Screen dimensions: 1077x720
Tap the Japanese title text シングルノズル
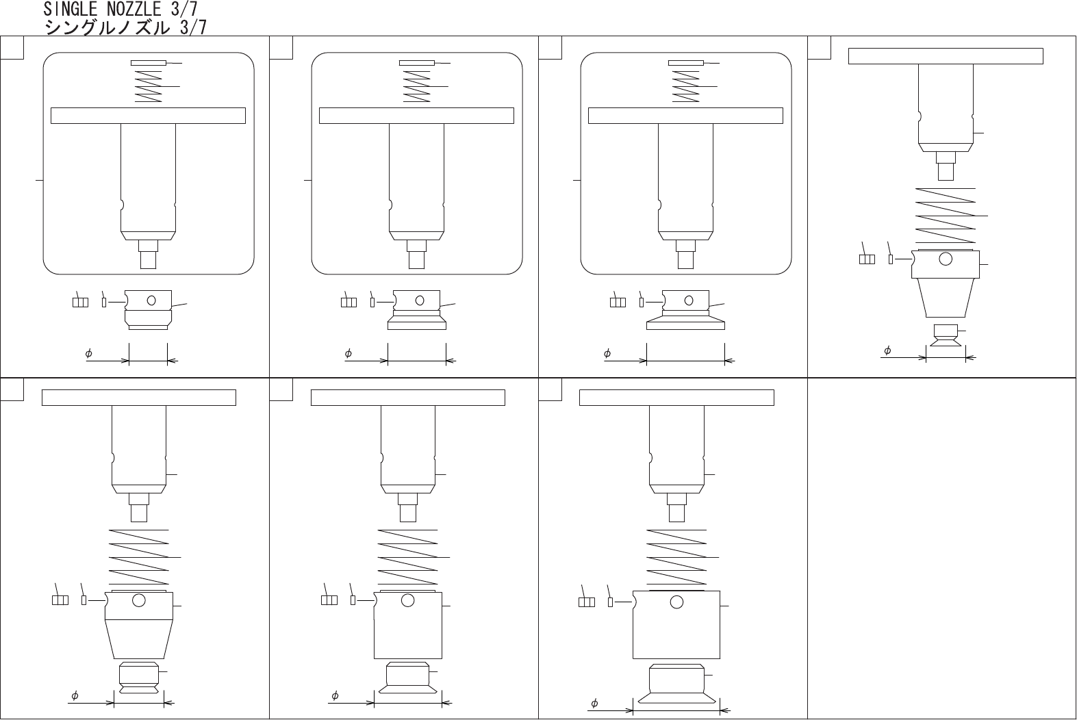pyautogui.click(x=107, y=27)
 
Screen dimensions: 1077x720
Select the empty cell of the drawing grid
pyautogui.click(x=942, y=548)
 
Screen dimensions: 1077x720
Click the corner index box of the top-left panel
pyautogui.click(x=12, y=48)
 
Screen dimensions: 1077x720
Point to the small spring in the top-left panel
pyautogui.click(x=148, y=86)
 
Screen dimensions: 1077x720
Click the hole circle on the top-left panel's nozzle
pyautogui.click(x=151, y=301)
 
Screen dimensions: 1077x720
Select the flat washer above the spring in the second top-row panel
pyautogui.click(x=417, y=63)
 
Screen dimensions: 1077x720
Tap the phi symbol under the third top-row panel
pyautogui.click(x=607, y=354)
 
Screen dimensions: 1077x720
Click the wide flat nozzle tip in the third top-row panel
pyautogui.click(x=685, y=322)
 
